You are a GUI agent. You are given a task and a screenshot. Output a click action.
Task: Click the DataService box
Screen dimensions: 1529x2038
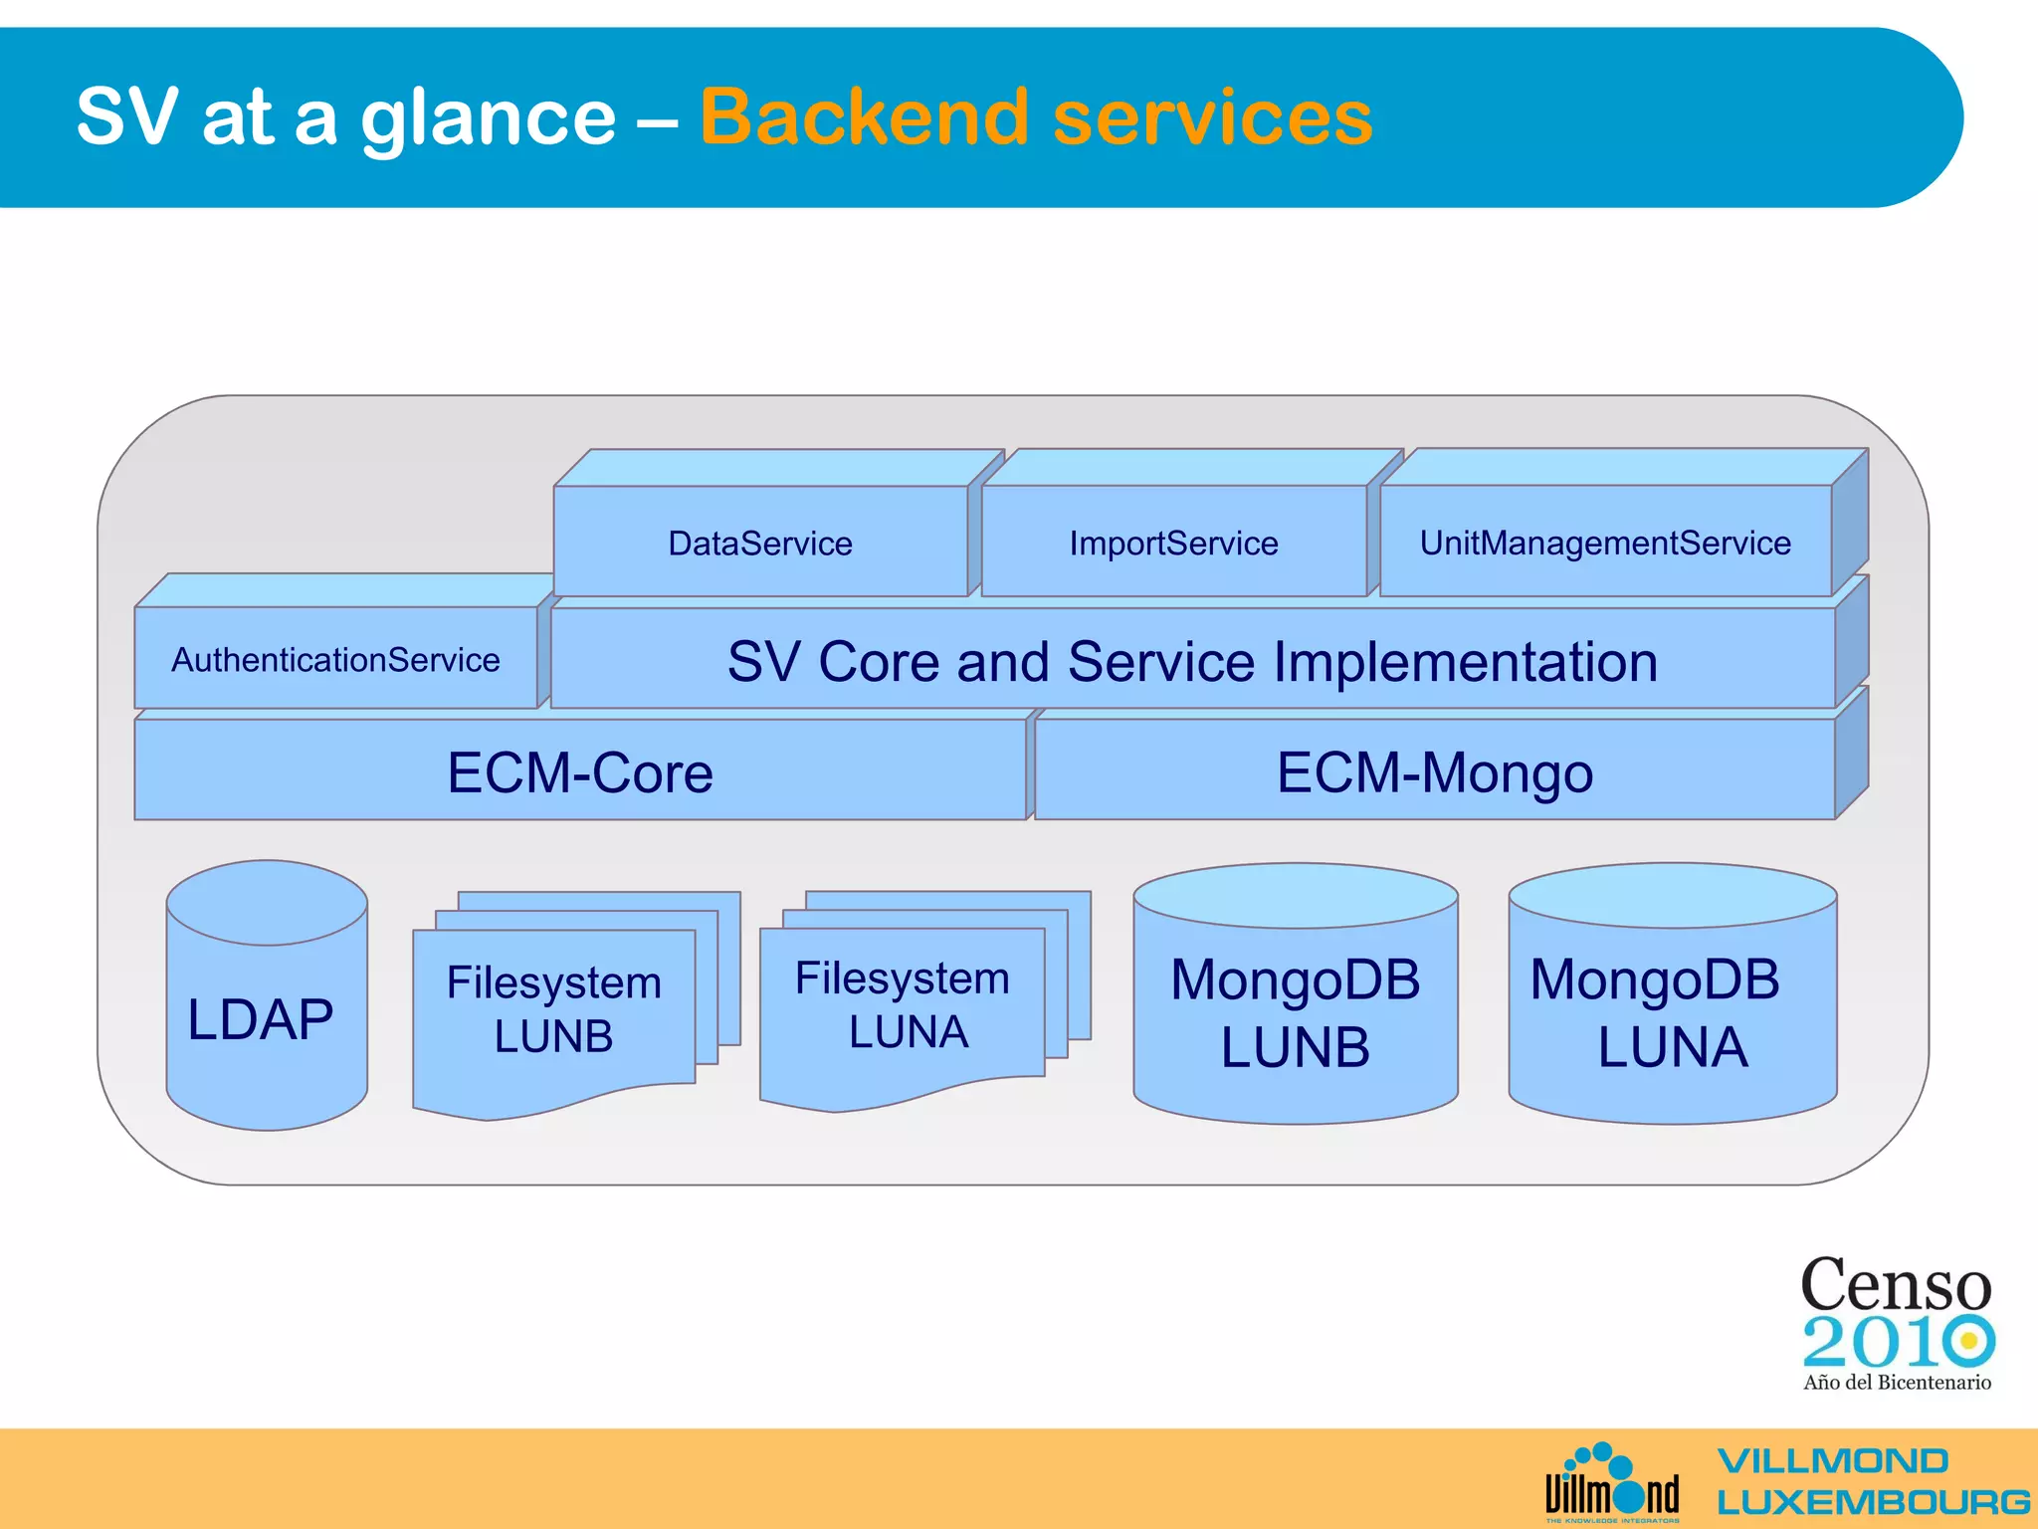760,543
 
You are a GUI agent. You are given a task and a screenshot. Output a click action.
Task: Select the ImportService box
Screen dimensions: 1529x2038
1173,543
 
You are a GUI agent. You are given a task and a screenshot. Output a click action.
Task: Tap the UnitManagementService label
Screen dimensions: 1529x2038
1605,543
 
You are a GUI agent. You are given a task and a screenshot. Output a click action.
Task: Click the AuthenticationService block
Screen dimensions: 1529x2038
335,659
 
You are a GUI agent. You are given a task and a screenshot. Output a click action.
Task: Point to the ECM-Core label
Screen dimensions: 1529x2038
580,772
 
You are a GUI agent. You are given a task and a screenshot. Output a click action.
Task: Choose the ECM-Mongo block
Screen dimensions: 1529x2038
1434,772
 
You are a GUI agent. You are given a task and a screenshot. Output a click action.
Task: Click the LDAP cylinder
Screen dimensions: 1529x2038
265,1017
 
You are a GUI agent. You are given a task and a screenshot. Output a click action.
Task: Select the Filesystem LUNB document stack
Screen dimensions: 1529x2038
554,1009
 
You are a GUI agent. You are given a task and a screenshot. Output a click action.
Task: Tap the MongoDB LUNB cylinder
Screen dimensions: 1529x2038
1295,1013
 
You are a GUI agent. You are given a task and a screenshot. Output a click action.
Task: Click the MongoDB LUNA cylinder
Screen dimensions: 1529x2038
1672,1013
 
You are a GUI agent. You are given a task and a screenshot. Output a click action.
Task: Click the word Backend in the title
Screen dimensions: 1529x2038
864,117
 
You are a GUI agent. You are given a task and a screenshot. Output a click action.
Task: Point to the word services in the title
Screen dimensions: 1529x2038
1212,117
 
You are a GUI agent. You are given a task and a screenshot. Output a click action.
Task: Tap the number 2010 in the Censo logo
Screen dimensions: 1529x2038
1897,1342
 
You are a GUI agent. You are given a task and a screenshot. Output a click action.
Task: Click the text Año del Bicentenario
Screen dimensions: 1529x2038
1897,1382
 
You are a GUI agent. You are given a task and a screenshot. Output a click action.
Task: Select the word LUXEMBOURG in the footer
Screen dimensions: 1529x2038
1873,1501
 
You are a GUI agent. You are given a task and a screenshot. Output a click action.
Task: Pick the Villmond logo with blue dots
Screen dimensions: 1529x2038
1611,1483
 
